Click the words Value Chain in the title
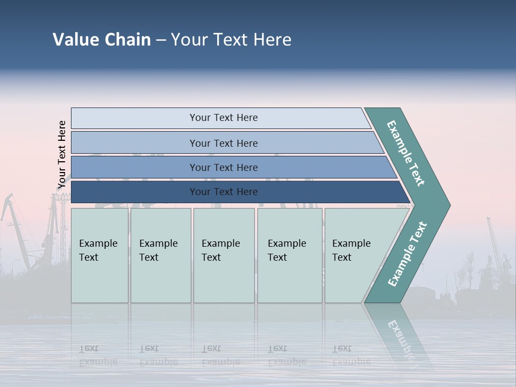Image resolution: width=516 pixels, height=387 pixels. pyautogui.click(x=102, y=40)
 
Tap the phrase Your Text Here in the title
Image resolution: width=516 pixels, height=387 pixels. pyautogui.click(x=231, y=40)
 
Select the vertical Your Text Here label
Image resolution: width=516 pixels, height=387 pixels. pyautogui.click(x=62, y=155)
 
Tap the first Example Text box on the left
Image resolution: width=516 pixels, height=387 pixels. pyautogui.click(x=99, y=255)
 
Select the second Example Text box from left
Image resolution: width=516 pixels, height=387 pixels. pyautogui.click(x=160, y=255)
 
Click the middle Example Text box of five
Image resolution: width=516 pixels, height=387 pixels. pyautogui.click(x=224, y=255)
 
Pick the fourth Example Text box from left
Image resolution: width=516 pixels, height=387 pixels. pyautogui.click(x=290, y=255)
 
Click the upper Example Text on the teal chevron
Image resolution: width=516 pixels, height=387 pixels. pyautogui.click(x=406, y=153)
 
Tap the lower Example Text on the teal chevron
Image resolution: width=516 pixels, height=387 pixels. pyautogui.click(x=407, y=254)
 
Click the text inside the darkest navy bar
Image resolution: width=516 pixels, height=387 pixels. pyautogui.click(x=224, y=192)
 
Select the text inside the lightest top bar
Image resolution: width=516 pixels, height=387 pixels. pyautogui.click(x=224, y=118)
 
